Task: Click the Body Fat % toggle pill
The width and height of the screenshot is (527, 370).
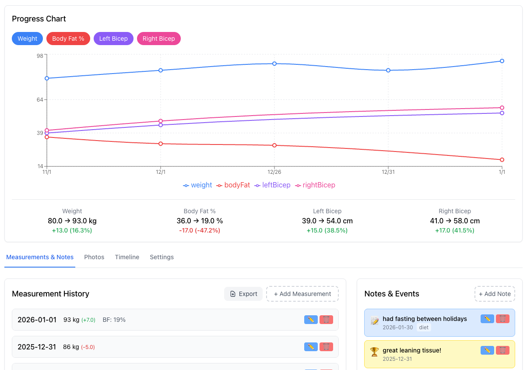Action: point(68,39)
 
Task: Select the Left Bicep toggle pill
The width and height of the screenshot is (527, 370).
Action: point(113,39)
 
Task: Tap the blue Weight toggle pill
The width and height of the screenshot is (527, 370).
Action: point(28,39)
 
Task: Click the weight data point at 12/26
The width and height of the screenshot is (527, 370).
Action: point(274,63)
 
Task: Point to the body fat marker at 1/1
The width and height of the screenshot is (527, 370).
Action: point(502,160)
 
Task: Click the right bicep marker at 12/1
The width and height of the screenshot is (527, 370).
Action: point(161,121)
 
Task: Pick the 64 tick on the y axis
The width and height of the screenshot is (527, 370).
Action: point(40,100)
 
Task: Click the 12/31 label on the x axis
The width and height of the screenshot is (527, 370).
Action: point(388,172)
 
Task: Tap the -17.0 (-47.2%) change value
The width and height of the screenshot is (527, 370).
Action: point(200,230)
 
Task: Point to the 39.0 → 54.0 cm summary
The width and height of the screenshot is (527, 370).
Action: point(327,221)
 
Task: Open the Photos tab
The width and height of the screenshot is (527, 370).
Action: point(94,257)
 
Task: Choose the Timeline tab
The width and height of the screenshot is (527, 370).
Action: point(127,257)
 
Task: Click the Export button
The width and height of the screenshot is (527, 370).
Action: point(243,294)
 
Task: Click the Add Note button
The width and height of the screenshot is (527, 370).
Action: point(495,294)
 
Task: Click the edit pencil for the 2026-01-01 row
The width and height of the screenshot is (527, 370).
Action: point(311,320)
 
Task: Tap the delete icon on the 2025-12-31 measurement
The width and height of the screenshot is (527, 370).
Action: point(326,347)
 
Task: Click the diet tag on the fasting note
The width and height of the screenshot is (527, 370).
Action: point(424,328)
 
